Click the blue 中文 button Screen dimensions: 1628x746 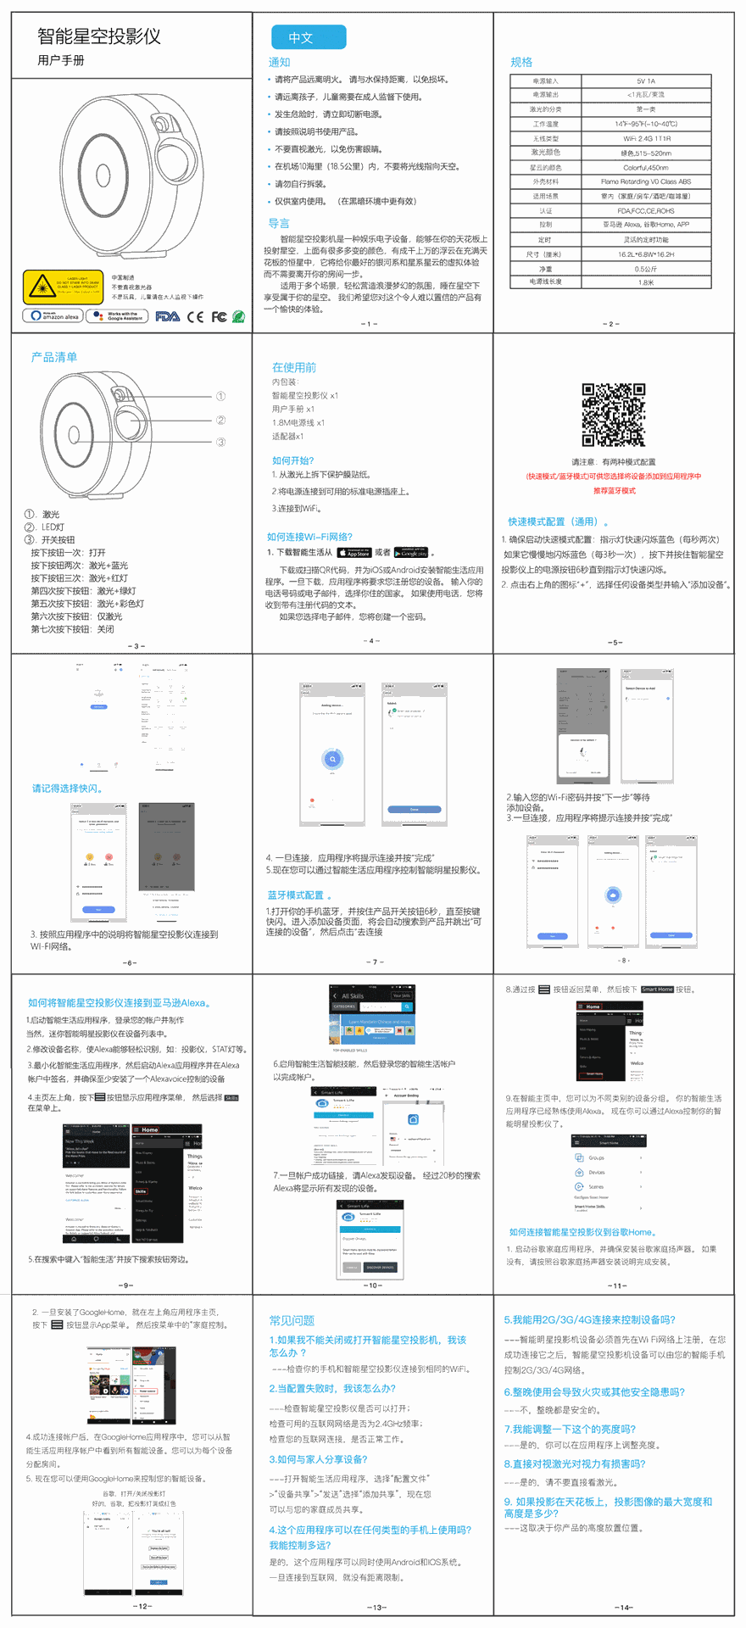(x=309, y=37)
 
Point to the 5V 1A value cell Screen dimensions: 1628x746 (x=645, y=81)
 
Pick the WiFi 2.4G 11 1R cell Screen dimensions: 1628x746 (x=645, y=138)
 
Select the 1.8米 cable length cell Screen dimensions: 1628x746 (x=645, y=282)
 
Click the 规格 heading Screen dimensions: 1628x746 (x=521, y=62)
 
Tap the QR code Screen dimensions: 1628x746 (x=613, y=415)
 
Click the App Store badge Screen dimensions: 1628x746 (x=354, y=553)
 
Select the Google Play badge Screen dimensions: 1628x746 (x=411, y=553)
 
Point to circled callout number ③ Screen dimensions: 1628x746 (x=220, y=442)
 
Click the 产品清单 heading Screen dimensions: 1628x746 (x=54, y=357)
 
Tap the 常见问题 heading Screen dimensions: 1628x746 (x=292, y=1320)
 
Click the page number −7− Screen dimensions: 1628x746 (x=374, y=962)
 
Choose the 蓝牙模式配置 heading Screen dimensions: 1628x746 (x=296, y=895)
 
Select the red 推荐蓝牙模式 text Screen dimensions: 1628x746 (x=614, y=491)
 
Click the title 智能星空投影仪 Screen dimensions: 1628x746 (x=99, y=36)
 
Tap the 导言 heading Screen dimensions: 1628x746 (x=278, y=223)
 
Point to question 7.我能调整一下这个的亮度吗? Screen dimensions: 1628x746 (x=570, y=1429)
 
